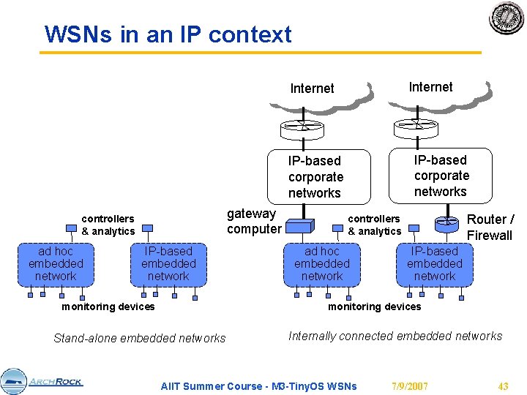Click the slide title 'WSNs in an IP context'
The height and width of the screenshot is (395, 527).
click(x=168, y=34)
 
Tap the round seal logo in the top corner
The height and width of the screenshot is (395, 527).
click(x=507, y=18)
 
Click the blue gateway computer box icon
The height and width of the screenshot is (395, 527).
click(x=300, y=226)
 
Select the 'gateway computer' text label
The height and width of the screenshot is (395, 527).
click(x=254, y=221)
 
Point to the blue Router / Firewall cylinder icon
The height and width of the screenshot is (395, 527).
click(x=446, y=225)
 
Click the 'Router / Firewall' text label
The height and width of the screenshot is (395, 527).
click(x=490, y=227)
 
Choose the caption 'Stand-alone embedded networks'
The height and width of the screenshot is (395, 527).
click(x=140, y=338)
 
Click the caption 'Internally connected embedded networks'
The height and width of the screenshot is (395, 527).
click(x=395, y=336)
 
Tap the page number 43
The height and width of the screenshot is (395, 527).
click(x=503, y=386)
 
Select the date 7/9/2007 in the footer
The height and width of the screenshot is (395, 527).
click(x=410, y=386)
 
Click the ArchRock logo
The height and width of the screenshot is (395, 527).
click(x=41, y=382)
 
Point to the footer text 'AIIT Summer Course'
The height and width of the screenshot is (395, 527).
click(x=212, y=386)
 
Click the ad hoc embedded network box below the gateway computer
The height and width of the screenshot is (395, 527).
click(x=322, y=265)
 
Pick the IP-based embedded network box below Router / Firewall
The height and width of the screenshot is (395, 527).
click(x=435, y=265)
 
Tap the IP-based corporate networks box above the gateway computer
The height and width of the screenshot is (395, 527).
click(x=319, y=177)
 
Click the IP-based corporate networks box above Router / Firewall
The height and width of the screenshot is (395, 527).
click(x=441, y=176)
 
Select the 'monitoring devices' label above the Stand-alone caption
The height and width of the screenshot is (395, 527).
click(x=108, y=306)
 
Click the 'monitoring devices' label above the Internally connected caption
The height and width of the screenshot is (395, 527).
click(x=375, y=306)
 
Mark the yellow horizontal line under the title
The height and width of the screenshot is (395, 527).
click(x=261, y=53)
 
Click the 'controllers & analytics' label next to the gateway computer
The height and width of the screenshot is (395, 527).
click(x=375, y=225)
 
